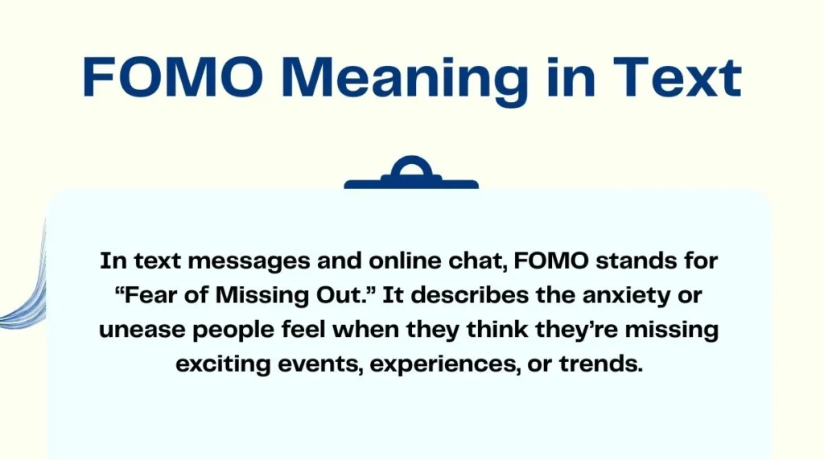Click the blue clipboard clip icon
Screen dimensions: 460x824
pos(411,174)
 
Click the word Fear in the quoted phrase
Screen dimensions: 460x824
pos(154,295)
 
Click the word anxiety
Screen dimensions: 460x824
pos(632,295)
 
